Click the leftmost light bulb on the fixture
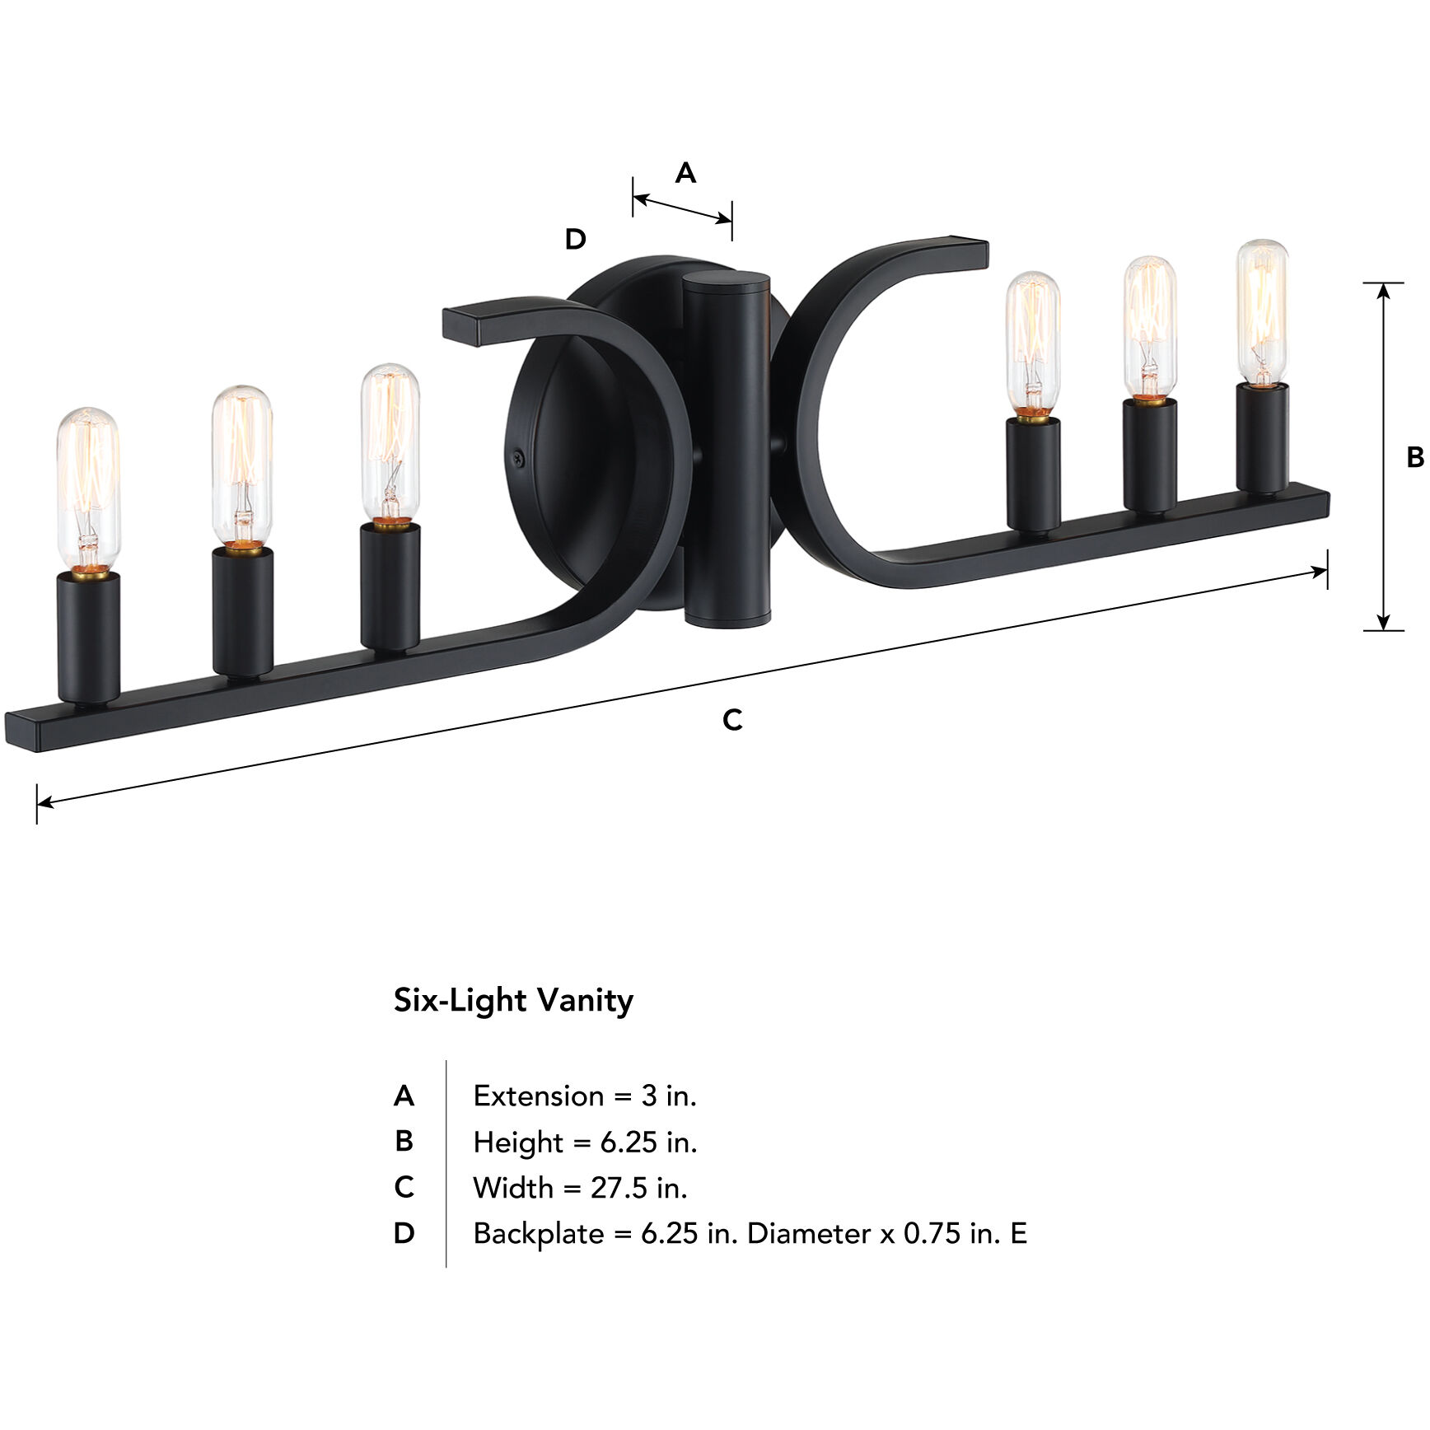[88, 488]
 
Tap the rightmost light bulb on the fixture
[1262, 312]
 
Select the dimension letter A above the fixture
[685, 173]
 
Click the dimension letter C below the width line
[732, 719]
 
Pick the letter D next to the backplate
[575, 240]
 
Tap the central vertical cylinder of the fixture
[727, 449]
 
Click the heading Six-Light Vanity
[513, 1000]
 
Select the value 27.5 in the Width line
[613, 1188]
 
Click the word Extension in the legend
[539, 1096]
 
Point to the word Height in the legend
[518, 1142]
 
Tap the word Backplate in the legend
[539, 1233]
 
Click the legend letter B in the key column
[404, 1142]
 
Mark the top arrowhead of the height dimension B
[1384, 289]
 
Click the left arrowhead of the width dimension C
[44, 801]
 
